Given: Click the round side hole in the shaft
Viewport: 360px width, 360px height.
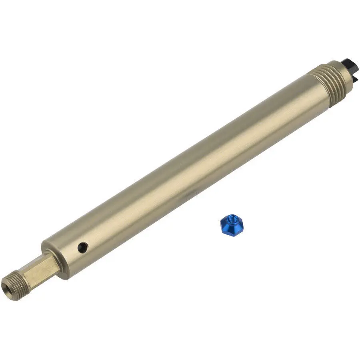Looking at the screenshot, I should [83, 247].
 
